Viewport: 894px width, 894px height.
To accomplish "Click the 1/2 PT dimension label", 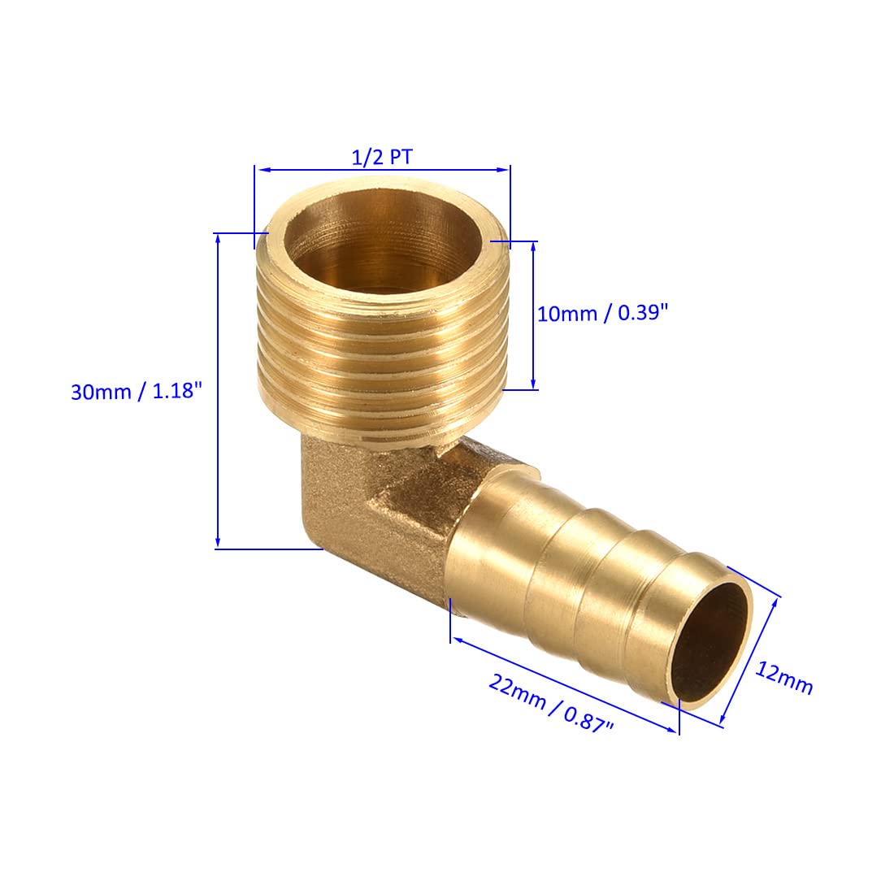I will point(382,157).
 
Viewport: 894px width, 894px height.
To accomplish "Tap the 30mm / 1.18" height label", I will point(135,391).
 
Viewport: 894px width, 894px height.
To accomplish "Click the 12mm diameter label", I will point(784,677).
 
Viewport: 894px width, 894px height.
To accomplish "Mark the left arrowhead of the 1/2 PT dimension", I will point(260,170).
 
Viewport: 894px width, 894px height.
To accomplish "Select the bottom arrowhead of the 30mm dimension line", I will point(218,544).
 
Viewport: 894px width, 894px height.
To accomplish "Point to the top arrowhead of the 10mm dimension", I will point(533,246).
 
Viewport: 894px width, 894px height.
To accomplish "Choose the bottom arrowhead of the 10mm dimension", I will point(533,384).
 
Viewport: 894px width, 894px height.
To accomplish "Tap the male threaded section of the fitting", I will point(382,358).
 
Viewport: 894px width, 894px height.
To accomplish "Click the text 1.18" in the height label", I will point(173,391).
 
